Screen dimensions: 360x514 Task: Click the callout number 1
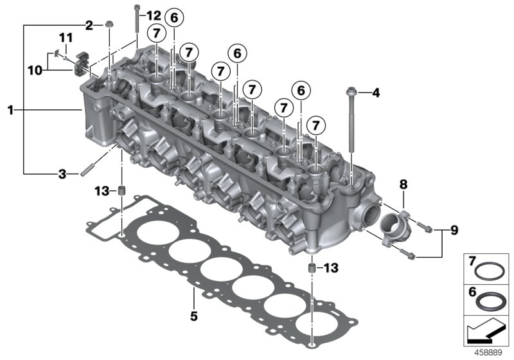point(10,111)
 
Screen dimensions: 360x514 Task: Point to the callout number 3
point(62,174)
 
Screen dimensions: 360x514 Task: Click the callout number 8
point(403,184)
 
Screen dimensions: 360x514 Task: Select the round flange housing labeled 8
point(394,226)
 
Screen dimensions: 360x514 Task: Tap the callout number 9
point(454,230)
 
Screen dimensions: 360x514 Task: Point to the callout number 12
point(154,15)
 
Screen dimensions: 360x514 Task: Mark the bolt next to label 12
point(137,22)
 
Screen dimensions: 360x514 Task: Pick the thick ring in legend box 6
point(492,300)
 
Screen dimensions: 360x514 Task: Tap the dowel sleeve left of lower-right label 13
point(312,267)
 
